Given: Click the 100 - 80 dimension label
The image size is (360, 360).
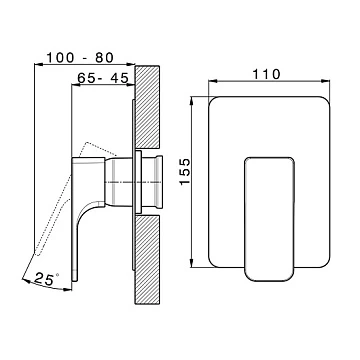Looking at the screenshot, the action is pos(80,58).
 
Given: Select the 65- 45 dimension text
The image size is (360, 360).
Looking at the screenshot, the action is pos(103,78).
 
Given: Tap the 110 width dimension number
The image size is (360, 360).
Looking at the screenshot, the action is pos(266,74).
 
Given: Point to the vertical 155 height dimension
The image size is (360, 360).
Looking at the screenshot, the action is pos(185,172).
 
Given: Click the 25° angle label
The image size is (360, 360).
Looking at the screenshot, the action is pos(47,279).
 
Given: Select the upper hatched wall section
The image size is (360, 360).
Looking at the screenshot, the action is pos(147,107).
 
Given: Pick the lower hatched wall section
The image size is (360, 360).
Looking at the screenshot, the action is pos(147,259).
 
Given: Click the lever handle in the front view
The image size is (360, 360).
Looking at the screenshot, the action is pos(269,219).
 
